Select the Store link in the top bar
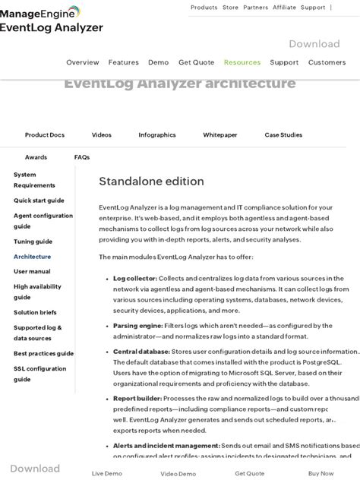(x=230, y=8)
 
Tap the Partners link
(x=255, y=8)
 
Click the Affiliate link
(x=284, y=8)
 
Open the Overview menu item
(x=83, y=62)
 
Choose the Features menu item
(x=123, y=62)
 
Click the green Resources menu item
(x=242, y=62)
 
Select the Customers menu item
(x=327, y=62)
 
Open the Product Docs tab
(x=45, y=135)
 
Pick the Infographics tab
(x=157, y=135)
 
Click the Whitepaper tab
(x=220, y=135)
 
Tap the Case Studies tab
(x=283, y=135)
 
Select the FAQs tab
(x=82, y=157)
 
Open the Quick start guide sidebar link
(x=39, y=201)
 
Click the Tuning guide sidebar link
(x=33, y=242)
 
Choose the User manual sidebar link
(x=32, y=271)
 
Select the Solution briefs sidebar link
(x=35, y=312)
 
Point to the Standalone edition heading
(x=151, y=182)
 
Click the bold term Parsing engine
(x=136, y=326)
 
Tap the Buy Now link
(x=321, y=473)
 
